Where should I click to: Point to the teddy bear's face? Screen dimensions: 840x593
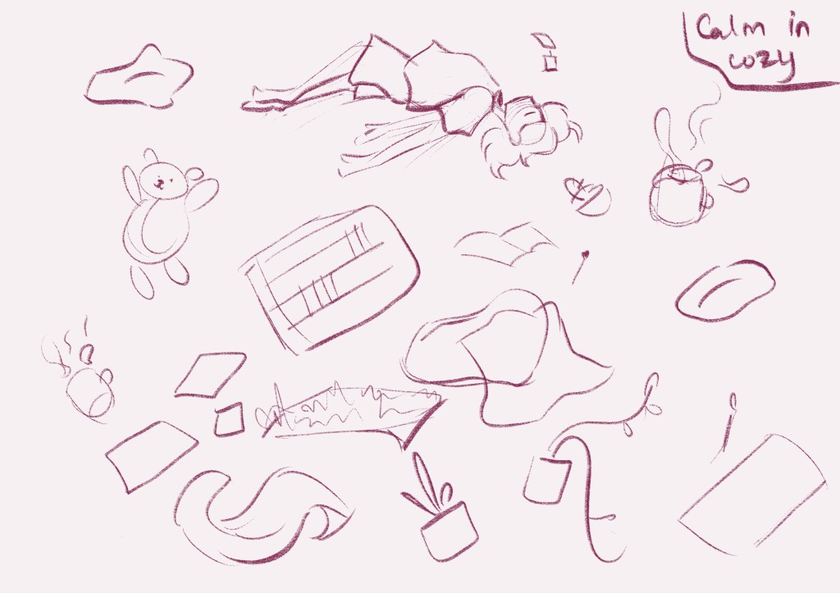pyautogui.click(x=162, y=180)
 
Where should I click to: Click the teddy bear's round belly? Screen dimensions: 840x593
pyautogui.click(x=155, y=231)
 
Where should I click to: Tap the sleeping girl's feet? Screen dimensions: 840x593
pyautogui.click(x=262, y=100)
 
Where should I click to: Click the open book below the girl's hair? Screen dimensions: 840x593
pyautogui.click(x=506, y=244)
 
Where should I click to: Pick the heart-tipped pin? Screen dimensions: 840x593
pyautogui.click(x=579, y=267)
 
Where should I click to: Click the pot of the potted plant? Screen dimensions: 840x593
pyautogui.click(x=449, y=531)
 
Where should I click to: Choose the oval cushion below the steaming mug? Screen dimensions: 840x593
pyautogui.click(x=725, y=290)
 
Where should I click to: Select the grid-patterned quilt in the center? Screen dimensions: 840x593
pyautogui.click(x=330, y=279)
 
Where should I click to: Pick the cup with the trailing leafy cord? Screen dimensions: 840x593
pyautogui.click(x=546, y=480)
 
